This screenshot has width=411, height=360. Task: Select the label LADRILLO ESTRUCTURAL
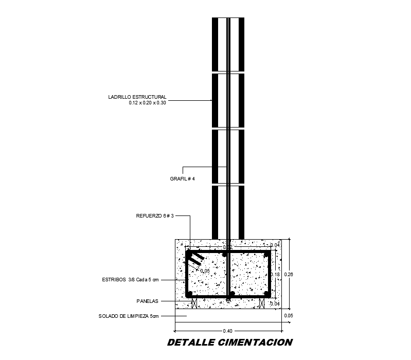point(137,97)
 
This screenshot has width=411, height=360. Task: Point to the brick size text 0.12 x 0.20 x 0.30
point(148,103)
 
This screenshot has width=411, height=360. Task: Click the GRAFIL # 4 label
point(183,179)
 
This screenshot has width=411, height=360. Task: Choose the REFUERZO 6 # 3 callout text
point(155,217)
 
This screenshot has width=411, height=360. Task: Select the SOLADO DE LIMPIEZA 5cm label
point(129,316)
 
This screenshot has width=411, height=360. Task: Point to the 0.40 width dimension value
point(228,330)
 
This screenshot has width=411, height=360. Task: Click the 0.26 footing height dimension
point(289,275)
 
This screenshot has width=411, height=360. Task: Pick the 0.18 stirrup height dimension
point(275,275)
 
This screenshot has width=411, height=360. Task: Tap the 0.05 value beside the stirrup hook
point(205,271)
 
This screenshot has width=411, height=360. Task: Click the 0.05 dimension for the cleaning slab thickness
point(289,316)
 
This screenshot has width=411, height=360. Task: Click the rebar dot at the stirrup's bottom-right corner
point(266,294)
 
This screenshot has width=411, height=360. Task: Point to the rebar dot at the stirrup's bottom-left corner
point(190,294)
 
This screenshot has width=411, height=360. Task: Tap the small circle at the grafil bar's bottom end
point(228,300)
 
